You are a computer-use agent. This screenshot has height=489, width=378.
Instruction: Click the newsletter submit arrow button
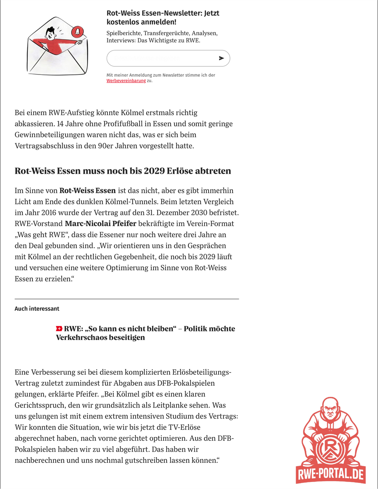(x=221, y=58)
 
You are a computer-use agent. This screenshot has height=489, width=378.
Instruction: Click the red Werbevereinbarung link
(x=126, y=81)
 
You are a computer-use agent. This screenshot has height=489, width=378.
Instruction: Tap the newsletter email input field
(x=161, y=58)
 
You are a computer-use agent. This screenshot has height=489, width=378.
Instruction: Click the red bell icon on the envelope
(x=77, y=32)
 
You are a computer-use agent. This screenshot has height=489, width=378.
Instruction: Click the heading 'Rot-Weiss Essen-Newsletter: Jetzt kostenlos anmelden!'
(x=163, y=17)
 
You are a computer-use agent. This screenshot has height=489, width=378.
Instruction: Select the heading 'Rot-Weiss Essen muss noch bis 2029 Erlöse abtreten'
(x=123, y=171)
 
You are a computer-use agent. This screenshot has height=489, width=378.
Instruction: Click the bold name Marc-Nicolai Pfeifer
(x=100, y=223)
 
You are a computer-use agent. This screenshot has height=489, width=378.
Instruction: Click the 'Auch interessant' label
(x=37, y=309)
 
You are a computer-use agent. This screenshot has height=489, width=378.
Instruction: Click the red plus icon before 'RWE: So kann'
(x=59, y=329)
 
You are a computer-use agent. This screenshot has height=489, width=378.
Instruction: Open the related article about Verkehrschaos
(x=145, y=333)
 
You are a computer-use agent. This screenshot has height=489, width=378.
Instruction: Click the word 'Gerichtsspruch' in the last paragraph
(x=42, y=405)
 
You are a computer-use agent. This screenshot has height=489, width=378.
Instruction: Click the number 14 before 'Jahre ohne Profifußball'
(x=61, y=124)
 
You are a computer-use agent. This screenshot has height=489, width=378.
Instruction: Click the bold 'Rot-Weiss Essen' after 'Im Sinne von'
(x=87, y=191)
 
